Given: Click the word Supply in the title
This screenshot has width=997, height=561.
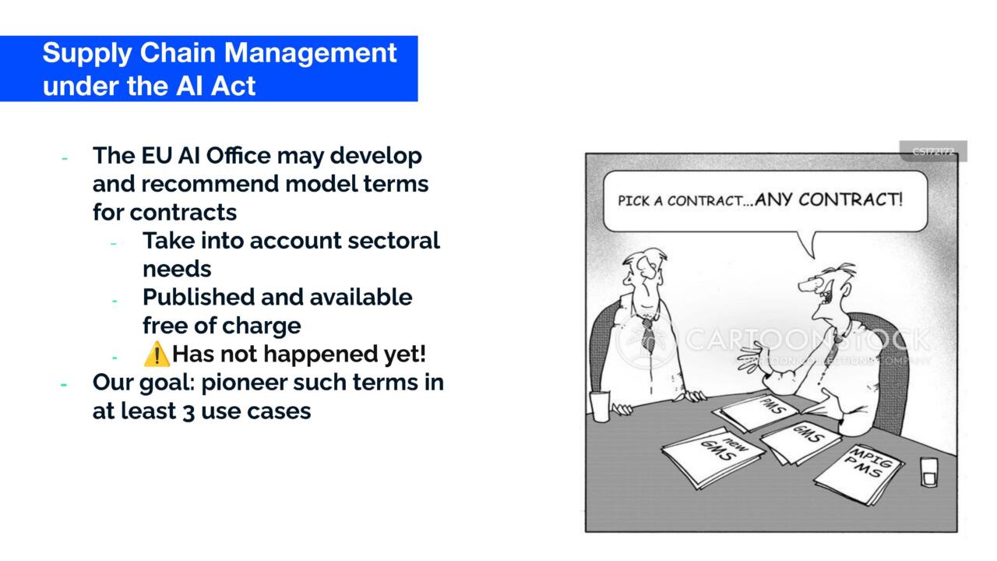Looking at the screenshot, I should coord(76,54).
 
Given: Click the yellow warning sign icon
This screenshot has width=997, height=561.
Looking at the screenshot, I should coord(157,355).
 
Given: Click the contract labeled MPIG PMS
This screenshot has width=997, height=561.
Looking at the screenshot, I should coord(861,470).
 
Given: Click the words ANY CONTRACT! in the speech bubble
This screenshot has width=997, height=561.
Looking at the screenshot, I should coord(829,199).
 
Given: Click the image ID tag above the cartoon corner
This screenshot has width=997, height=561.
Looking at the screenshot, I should coord(932,151).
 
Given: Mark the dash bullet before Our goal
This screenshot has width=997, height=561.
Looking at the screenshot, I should coord(65,383).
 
